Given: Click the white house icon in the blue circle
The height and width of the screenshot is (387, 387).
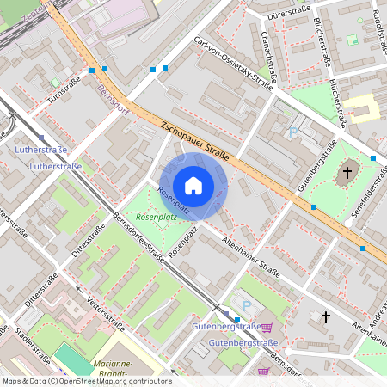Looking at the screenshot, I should (193, 185).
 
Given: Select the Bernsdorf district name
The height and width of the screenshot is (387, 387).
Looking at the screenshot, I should (113, 101).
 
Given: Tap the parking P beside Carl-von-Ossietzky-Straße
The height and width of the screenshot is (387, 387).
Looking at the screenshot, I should (293, 132).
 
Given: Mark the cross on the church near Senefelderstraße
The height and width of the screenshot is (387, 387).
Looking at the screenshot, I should (347, 173).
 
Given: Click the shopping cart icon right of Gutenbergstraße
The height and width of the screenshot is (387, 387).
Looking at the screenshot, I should (267, 327).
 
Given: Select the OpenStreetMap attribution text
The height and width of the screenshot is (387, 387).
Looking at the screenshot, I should (87, 380).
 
